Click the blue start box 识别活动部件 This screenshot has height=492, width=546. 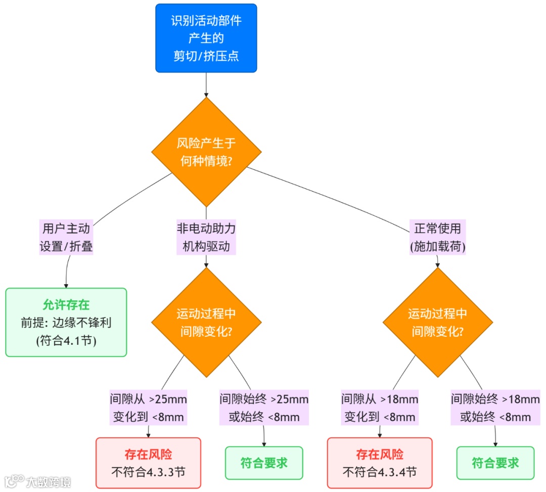(206, 38)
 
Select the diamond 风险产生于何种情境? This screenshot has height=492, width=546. (206, 151)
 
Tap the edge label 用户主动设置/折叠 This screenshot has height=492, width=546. (66, 237)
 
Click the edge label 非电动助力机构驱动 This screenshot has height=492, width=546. (206, 237)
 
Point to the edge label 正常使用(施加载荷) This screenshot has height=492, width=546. (437, 237)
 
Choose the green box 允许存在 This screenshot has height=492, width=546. (66, 322)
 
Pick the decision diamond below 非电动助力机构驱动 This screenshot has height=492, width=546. (206, 322)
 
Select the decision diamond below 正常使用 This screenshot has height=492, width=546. (437, 322)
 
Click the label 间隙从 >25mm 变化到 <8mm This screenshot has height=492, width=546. (148, 408)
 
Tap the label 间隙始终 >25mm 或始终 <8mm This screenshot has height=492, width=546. (264, 408)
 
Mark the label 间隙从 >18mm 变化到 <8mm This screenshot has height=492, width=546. (380, 408)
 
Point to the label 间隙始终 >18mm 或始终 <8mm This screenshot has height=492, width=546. (495, 408)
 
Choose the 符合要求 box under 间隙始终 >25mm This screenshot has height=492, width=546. (264, 463)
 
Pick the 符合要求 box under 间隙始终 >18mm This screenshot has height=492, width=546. (495, 463)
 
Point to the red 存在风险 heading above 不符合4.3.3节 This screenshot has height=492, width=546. (148, 454)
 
